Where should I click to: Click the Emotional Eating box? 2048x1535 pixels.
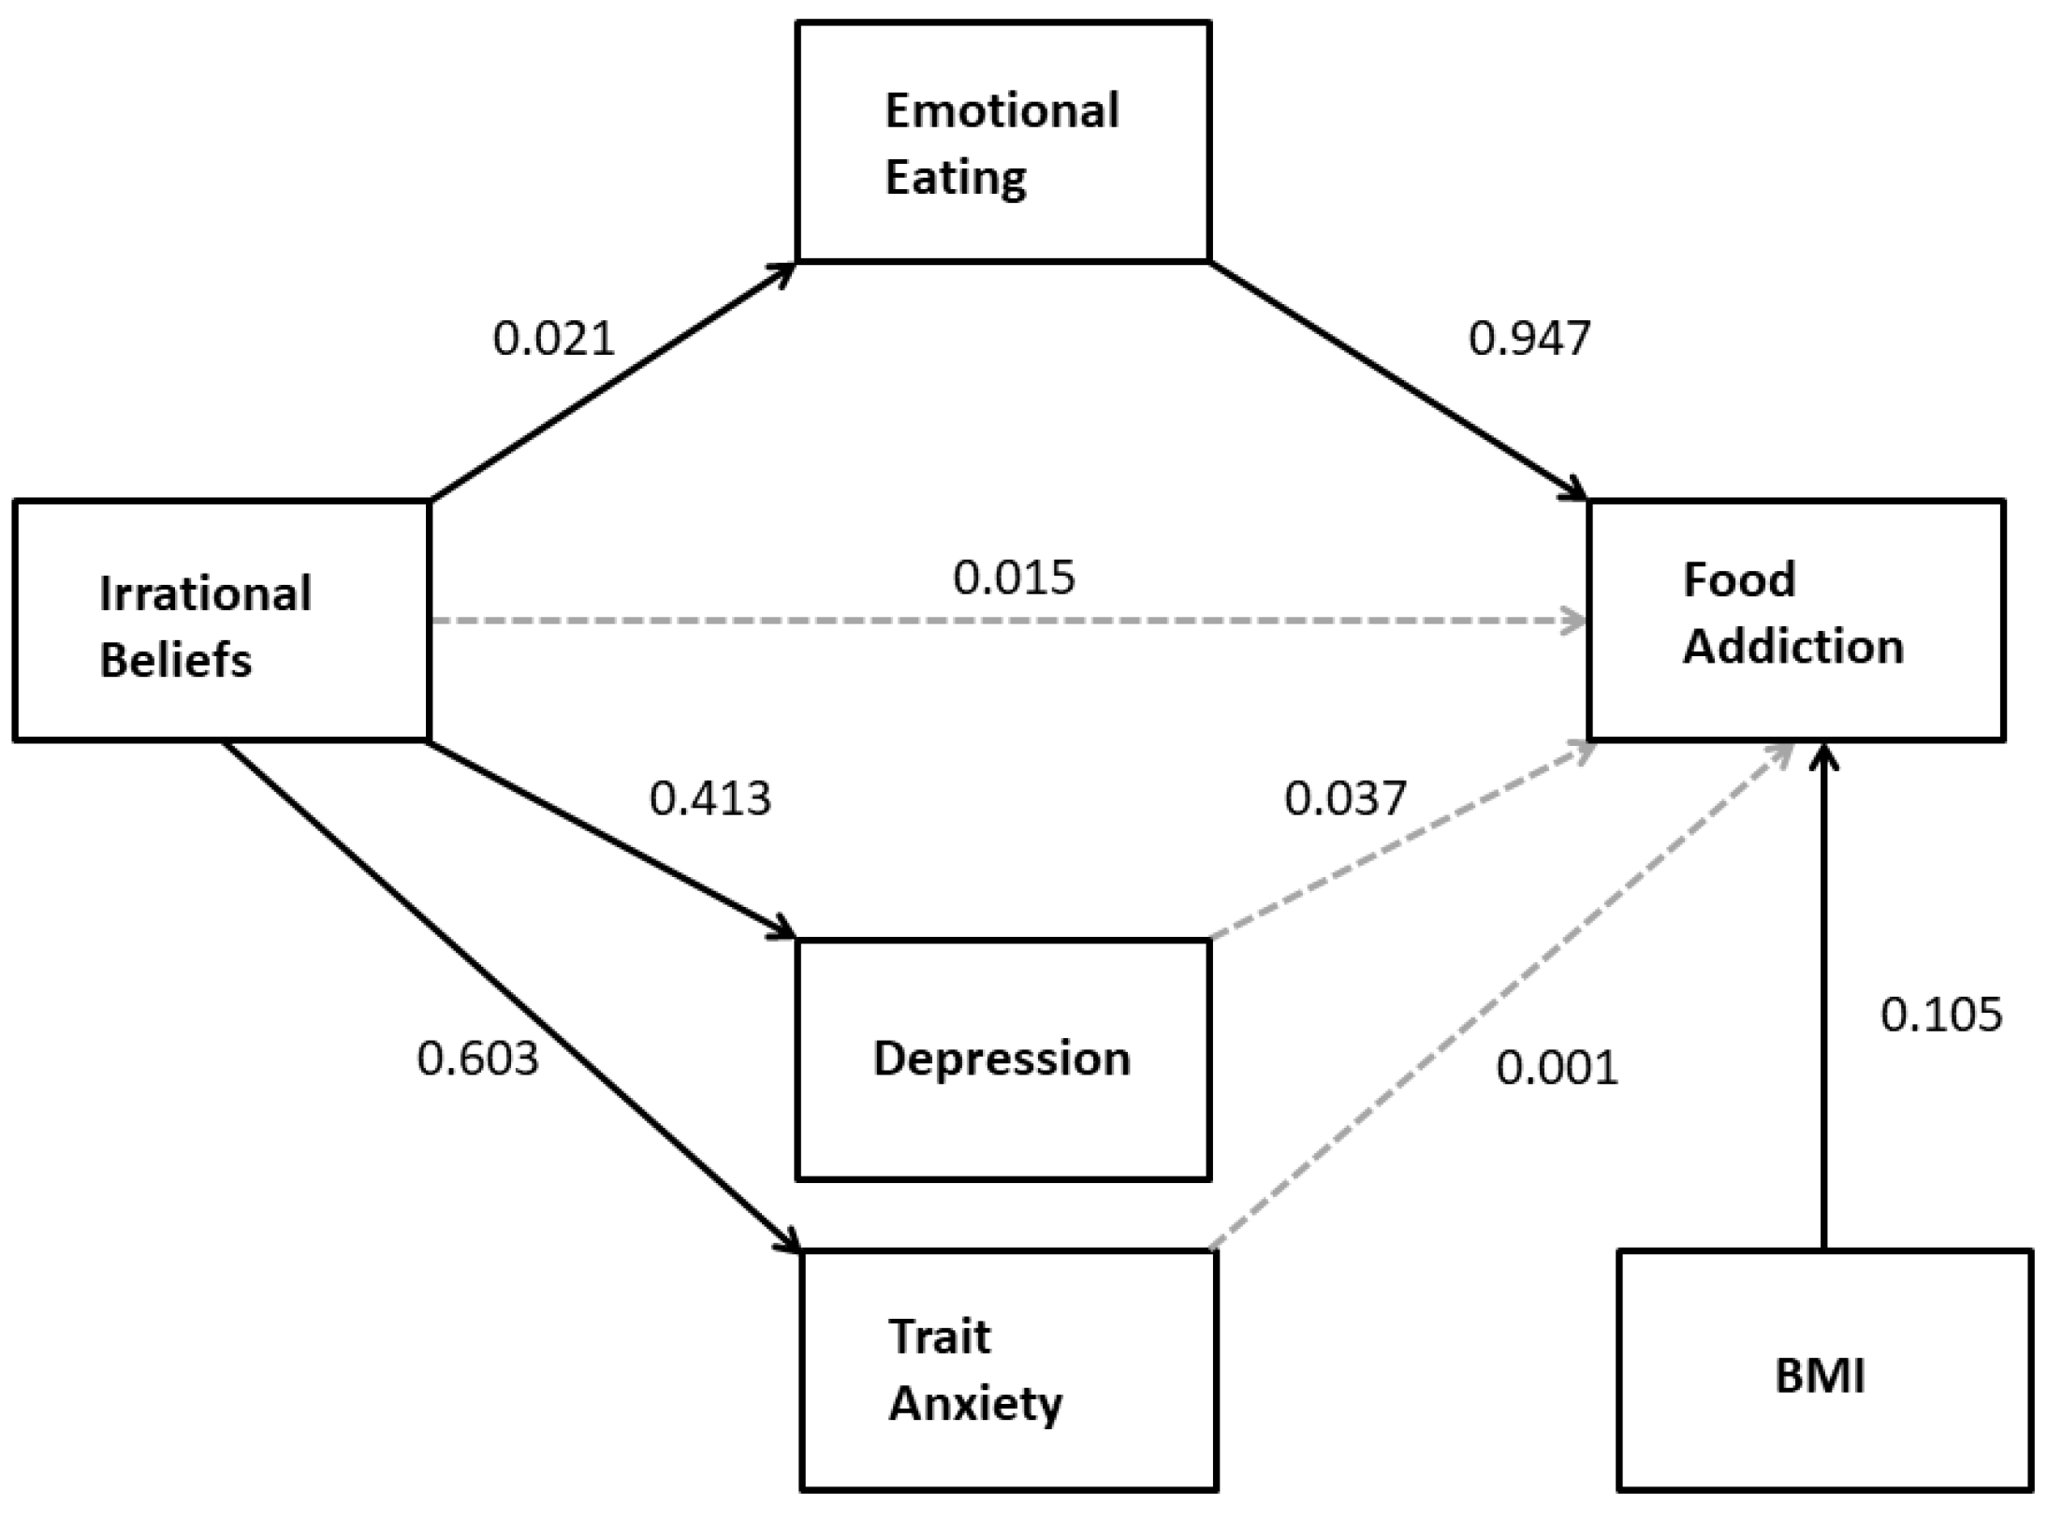pos(1002,142)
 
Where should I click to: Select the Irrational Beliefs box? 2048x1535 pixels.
pos(221,621)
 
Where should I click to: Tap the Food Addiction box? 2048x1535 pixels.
pos(1795,621)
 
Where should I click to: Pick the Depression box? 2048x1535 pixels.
pos(1002,1059)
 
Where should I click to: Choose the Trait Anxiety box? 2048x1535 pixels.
pos(1008,1370)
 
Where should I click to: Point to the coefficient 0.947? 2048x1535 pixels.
pos(1529,339)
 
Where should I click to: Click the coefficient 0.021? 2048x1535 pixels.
pos(553,339)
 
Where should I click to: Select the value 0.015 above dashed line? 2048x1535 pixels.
pos(1014,577)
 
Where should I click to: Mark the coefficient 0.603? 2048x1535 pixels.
pos(477,1059)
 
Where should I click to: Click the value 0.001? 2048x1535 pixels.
pos(1557,1068)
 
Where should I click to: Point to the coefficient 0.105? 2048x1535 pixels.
pos(1940,1015)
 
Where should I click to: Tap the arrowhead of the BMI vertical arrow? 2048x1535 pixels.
pos(1823,754)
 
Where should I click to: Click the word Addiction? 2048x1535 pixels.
pos(1792,648)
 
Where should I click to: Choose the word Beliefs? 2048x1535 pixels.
pos(175,660)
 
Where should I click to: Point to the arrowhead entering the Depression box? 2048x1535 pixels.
pos(784,931)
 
